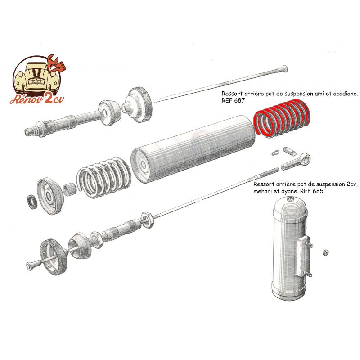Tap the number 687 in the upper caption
239,100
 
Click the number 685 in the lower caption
318,191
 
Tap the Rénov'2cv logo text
37,99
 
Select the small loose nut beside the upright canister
325,252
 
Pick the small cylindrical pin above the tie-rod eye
290,151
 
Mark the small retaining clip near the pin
275,153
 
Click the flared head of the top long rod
283,68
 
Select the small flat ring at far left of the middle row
32,202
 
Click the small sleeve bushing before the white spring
70,189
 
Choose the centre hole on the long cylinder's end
144,164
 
